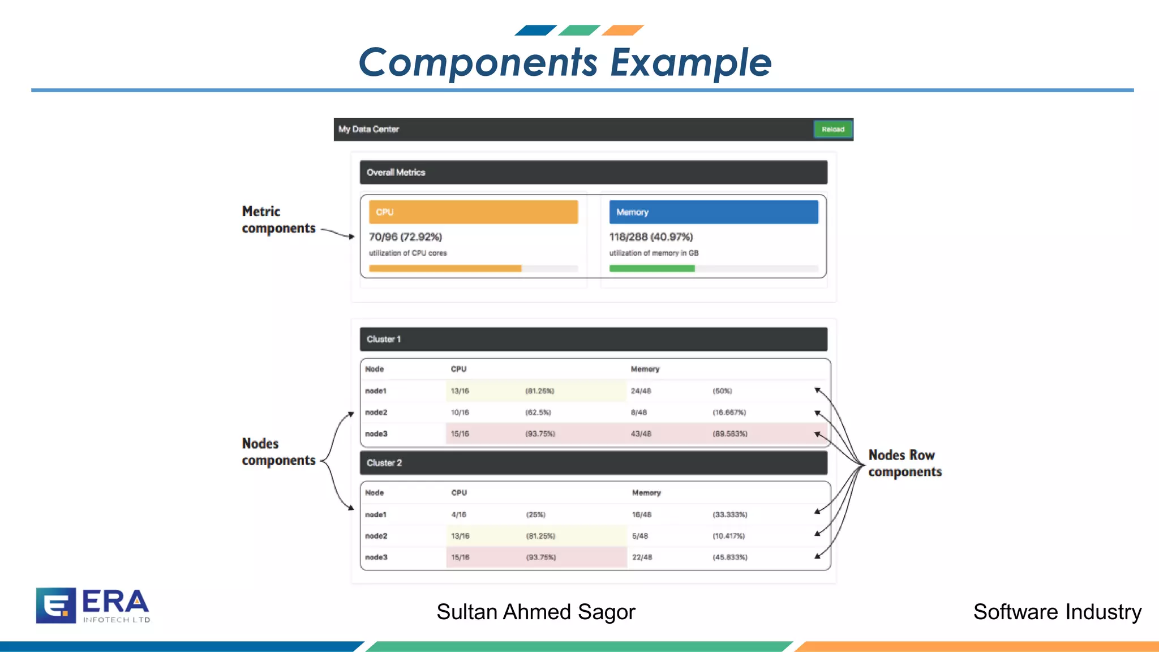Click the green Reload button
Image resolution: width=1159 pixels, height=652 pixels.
click(x=832, y=129)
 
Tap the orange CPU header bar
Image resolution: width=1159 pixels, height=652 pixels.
click(x=473, y=212)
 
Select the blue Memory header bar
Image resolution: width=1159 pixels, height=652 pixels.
click(x=713, y=212)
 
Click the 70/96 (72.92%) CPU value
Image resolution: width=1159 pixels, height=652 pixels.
click(x=405, y=237)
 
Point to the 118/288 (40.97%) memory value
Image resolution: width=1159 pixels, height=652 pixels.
click(x=651, y=237)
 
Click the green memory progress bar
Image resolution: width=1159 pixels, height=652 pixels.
click(x=651, y=269)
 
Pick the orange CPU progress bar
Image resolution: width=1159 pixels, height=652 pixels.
click(x=445, y=269)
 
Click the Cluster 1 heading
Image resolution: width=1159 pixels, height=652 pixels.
click(x=384, y=339)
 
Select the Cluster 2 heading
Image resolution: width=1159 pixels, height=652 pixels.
click(x=384, y=462)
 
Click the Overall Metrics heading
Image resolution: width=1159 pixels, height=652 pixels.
click(x=396, y=172)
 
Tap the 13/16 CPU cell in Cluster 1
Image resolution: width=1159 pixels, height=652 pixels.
click(x=460, y=391)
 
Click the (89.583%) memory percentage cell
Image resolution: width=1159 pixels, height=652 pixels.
click(x=729, y=434)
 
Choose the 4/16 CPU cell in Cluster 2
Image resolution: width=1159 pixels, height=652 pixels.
click(x=459, y=514)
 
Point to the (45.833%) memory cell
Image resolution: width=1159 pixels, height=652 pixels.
click(x=729, y=557)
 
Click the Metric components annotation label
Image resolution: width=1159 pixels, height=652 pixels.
click(x=278, y=220)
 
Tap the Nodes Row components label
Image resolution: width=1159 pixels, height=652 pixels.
click(x=904, y=463)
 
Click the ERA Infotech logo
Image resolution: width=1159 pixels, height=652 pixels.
click(x=93, y=606)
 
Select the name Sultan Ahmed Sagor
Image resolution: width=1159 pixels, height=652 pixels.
click(x=535, y=612)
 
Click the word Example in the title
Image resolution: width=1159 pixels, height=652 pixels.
click(x=690, y=62)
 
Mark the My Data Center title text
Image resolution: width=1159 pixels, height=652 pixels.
click(x=368, y=129)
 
